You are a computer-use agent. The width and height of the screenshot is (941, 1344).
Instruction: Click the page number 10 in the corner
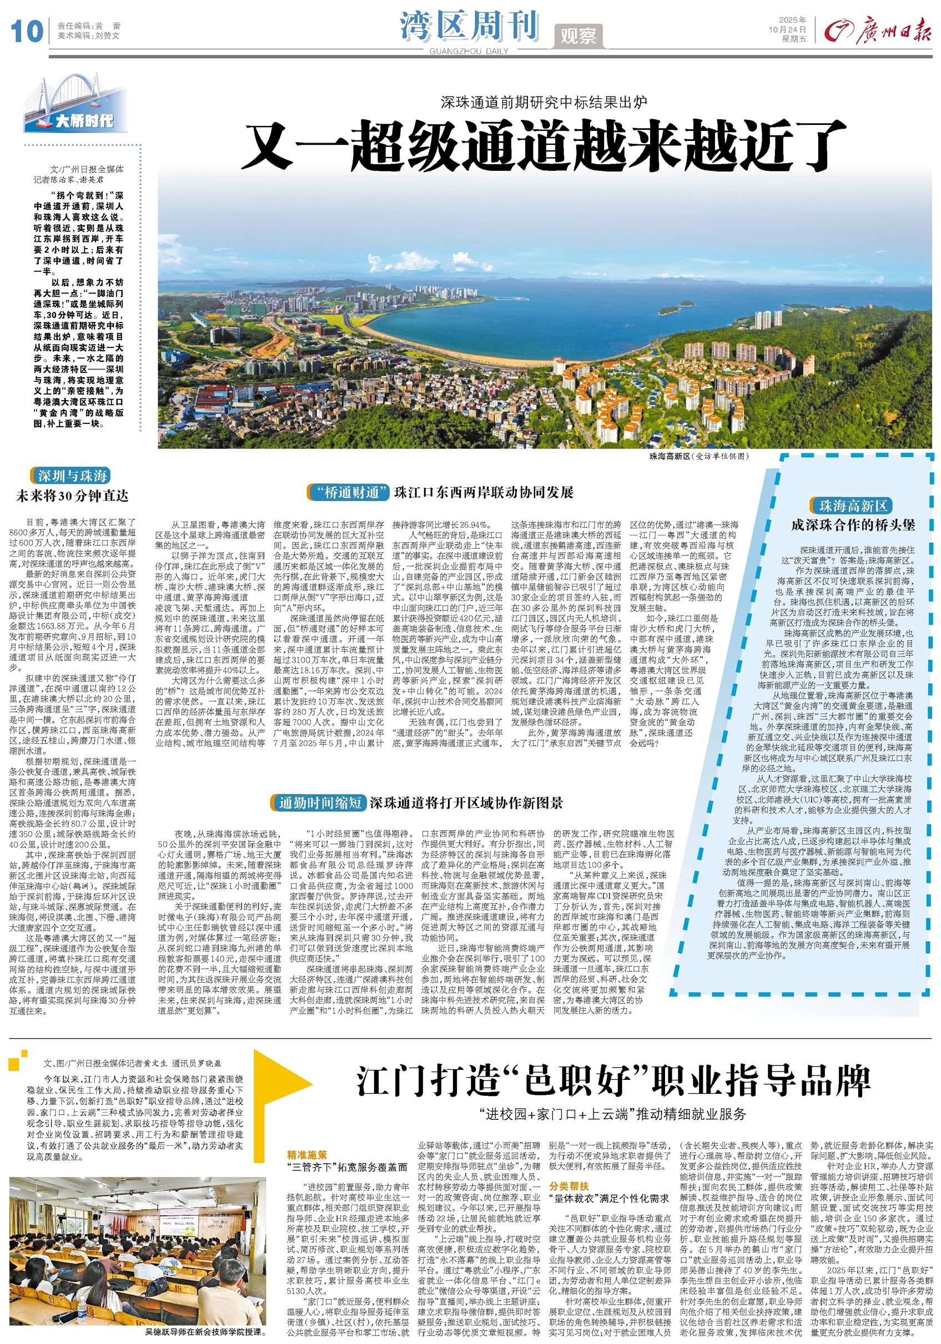click(x=26, y=31)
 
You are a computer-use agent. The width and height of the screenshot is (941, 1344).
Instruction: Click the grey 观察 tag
click(x=577, y=36)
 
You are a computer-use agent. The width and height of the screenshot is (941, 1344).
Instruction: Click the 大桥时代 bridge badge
click(x=77, y=105)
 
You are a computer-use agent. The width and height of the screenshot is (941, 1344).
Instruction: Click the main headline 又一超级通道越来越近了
click(x=544, y=145)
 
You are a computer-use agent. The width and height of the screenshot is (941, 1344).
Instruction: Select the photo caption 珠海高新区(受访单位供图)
click(x=698, y=456)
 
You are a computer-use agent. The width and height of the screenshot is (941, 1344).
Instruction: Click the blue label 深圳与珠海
click(x=72, y=476)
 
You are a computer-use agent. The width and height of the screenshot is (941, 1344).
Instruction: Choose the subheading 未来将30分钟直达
click(x=72, y=496)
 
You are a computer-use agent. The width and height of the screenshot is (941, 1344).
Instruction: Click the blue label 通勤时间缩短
click(x=320, y=802)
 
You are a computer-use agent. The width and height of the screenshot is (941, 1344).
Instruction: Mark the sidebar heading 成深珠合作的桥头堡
click(x=853, y=525)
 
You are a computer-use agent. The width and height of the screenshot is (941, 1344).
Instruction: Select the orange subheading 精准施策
click(x=307, y=1155)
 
